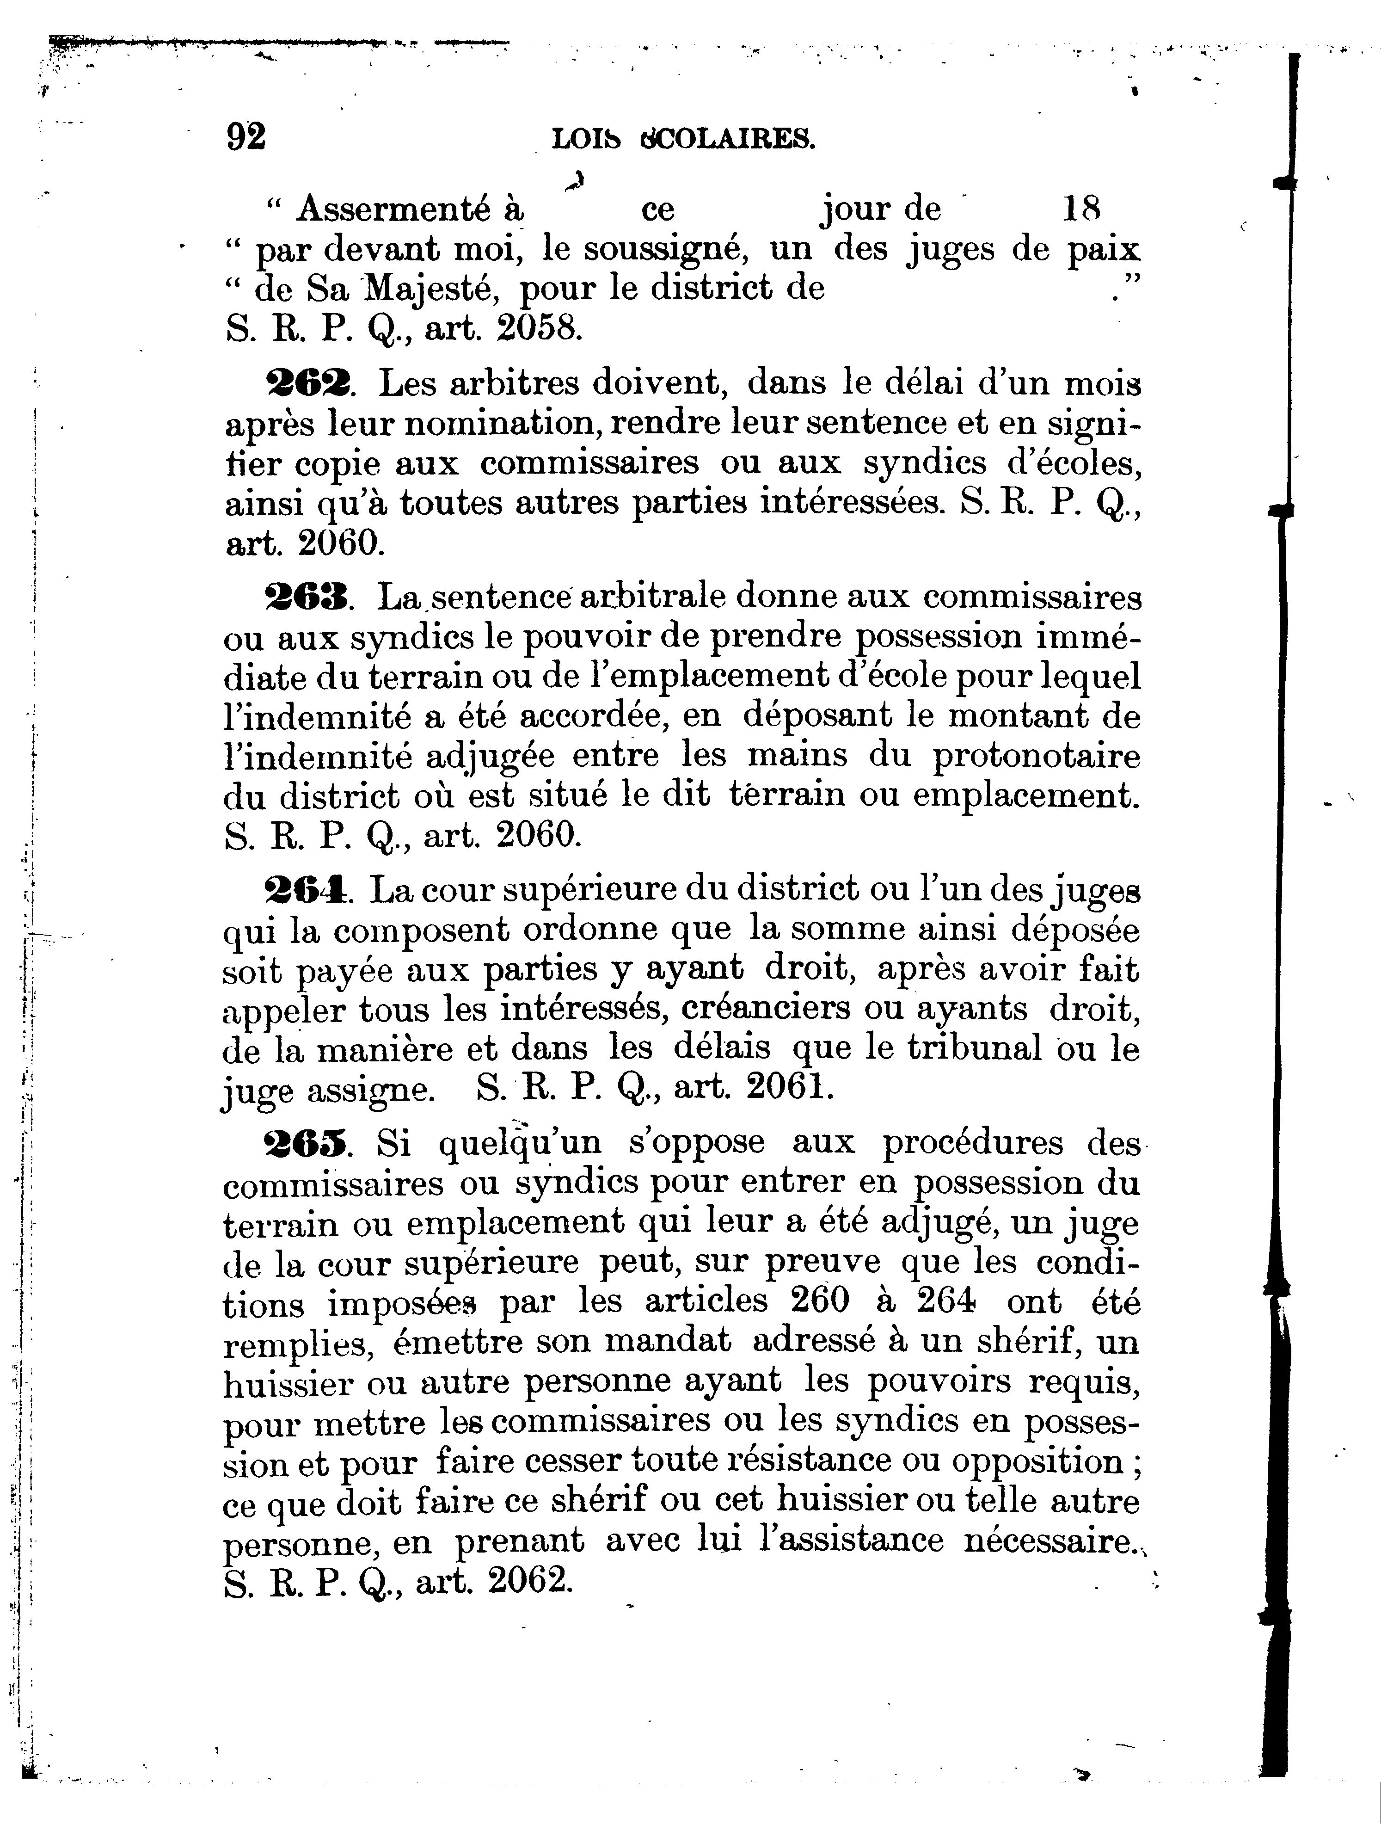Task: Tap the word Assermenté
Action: pos(409,210)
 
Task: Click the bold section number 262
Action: pos(307,383)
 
